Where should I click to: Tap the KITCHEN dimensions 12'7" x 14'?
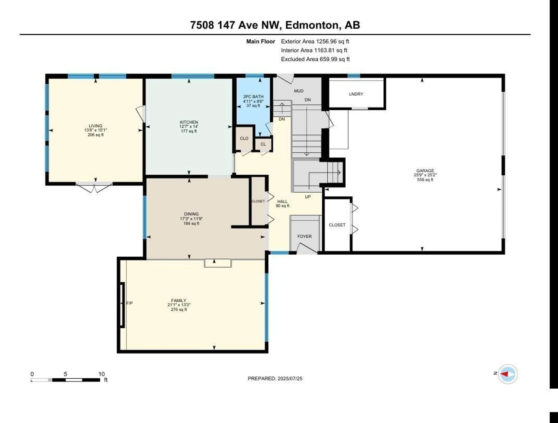[189, 127]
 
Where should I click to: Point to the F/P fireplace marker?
[129, 303]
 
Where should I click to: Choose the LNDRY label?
[356, 94]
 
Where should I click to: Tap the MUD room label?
[299, 91]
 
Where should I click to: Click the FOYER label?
[304, 236]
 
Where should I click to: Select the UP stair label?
[308, 197]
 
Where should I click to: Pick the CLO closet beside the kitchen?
[244, 138]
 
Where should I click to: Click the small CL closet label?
[263, 144]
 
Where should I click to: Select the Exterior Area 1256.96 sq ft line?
[315, 41]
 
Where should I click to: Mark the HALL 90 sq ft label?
[282, 203]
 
